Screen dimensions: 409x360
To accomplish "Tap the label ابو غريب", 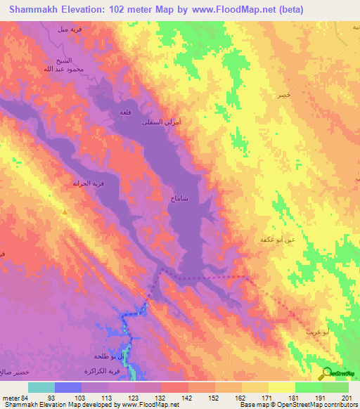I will point(316,330).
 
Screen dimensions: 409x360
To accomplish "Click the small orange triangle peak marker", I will point(65,211).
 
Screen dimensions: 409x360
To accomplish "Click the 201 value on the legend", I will point(345,397).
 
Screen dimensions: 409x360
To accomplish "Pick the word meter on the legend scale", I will point(10,397).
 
